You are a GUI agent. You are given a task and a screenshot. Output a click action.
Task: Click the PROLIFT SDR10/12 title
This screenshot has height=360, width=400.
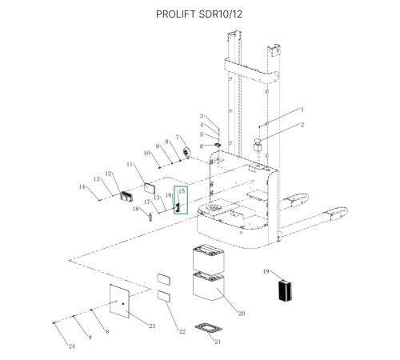pos(199,14)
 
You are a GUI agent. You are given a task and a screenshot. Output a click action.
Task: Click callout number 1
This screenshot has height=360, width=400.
pos(302,110)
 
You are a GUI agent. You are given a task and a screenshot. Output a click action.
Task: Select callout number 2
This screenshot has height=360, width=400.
pos(302,125)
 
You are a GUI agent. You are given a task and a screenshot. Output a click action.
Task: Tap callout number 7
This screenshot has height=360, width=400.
pos(178,137)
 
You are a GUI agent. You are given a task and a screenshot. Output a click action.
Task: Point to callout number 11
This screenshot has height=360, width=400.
pos(130,164)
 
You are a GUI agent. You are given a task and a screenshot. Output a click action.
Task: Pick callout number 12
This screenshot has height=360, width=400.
pos(108,174)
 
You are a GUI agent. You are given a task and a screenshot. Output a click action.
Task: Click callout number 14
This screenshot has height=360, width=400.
pos(82,186)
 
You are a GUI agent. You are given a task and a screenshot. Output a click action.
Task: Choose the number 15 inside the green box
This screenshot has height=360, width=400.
pos(182,191)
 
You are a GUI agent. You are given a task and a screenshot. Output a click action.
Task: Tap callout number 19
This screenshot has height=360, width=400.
pos(266,271)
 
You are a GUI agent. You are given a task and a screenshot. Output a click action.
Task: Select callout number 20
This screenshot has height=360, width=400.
pos(242,314)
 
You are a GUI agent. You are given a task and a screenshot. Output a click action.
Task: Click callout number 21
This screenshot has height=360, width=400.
pos(218,342)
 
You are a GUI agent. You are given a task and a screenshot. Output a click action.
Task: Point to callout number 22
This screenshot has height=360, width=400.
pos(182,332)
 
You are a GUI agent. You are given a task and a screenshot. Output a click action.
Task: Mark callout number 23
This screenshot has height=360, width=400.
pos(152,326)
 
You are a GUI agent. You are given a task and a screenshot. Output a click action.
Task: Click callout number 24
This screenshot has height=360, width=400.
pos(71,346)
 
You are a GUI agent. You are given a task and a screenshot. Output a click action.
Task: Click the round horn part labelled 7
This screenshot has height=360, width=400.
pos(186,153)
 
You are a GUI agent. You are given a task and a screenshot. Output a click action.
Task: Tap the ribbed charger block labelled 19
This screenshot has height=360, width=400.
pos(285,290)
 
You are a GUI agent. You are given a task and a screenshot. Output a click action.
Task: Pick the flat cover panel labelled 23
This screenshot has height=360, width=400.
pos(119,301)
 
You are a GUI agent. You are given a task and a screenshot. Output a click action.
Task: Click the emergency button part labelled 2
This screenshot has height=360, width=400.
pos(258,144)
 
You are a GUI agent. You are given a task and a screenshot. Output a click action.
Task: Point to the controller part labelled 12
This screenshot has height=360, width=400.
pos(126,196)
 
